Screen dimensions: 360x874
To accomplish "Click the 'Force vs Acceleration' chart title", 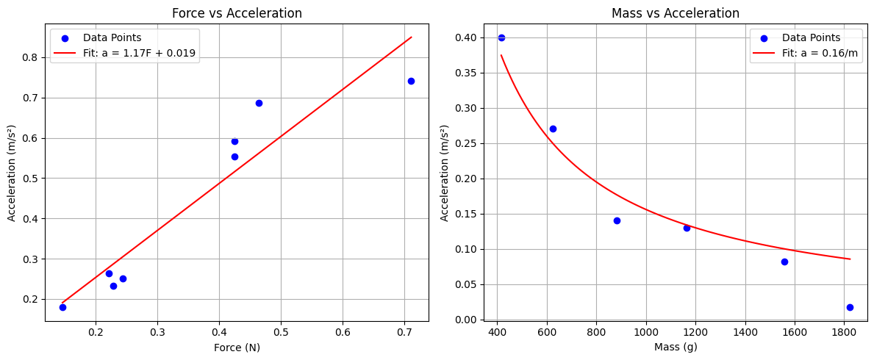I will (237, 13).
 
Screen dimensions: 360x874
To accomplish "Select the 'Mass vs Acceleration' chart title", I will (676, 13).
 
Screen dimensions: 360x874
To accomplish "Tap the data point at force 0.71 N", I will (411, 81).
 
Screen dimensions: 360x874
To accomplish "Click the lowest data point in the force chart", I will (62, 307).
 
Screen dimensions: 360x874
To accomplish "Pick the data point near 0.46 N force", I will (259, 103).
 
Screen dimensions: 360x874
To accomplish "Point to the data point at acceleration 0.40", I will (501, 37).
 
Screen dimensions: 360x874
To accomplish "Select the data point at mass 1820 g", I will (850, 307).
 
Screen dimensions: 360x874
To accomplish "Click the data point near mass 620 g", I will (553, 129).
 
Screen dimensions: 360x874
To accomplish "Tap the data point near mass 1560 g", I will (784, 262).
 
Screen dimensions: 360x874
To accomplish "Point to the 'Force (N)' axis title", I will (237, 348).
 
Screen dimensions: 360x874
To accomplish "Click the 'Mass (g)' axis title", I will (676, 348).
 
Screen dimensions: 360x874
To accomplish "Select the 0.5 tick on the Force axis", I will (281, 333).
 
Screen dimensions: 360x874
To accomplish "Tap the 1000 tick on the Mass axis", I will (646, 333).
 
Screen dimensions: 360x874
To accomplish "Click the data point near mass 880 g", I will (617, 220).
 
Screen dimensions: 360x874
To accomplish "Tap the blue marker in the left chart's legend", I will (65, 37).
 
